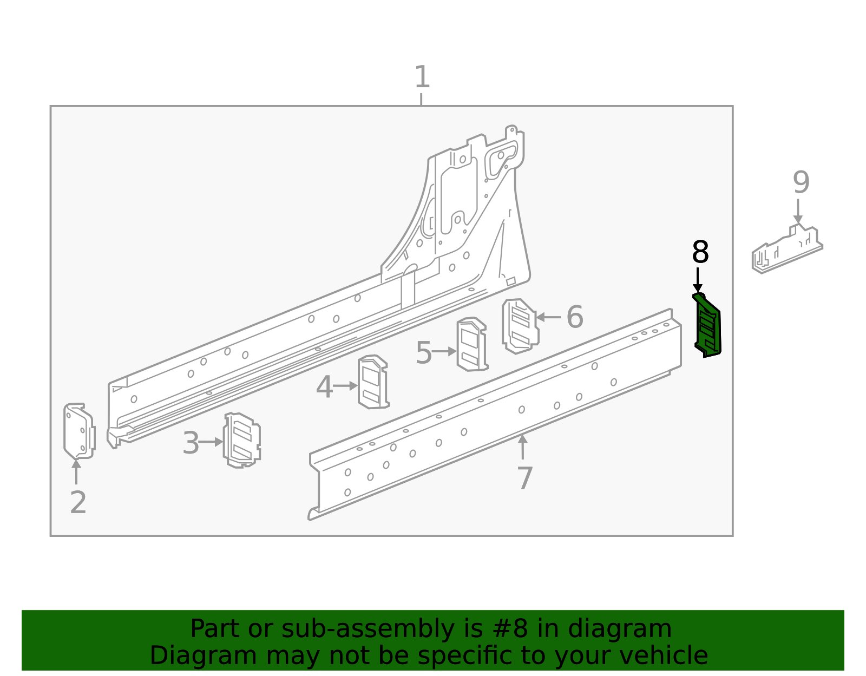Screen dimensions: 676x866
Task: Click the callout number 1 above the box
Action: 422,77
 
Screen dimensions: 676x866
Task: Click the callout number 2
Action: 78,503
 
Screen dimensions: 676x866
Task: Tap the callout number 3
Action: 191,443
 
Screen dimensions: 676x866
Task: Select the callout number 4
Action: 324,388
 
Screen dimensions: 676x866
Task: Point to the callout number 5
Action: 423,353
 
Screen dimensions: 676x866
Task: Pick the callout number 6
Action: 574,317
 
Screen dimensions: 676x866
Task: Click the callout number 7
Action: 524,478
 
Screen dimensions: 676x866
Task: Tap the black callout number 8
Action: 700,253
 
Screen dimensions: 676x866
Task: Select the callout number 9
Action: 801,183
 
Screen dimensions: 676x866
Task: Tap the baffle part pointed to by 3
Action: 242,440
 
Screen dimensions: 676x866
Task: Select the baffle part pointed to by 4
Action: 373,382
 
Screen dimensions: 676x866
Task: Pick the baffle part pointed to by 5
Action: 471,344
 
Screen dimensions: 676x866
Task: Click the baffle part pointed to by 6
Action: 520,326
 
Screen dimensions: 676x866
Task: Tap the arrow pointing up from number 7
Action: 522,447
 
